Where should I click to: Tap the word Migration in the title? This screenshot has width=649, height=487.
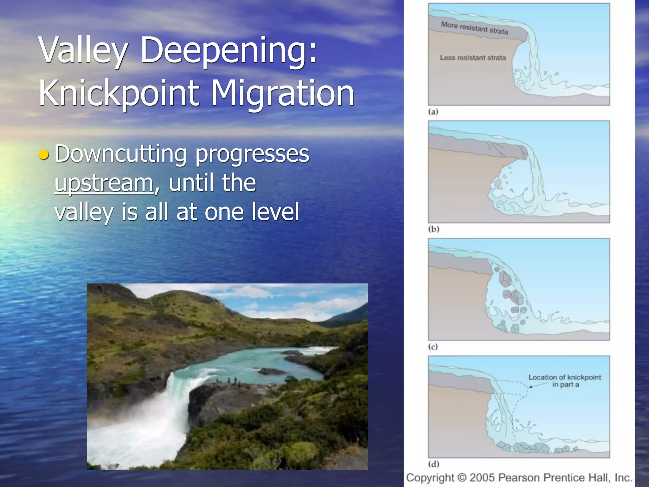pyautogui.click(x=282, y=93)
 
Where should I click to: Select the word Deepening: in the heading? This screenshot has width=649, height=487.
pyautogui.click(x=228, y=50)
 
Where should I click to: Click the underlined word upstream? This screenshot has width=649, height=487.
pyautogui.click(x=104, y=183)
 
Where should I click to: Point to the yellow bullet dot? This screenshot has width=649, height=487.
pyautogui.click(x=43, y=154)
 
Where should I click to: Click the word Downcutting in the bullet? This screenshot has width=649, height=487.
pyautogui.click(x=120, y=154)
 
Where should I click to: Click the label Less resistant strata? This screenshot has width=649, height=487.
pyautogui.click(x=472, y=58)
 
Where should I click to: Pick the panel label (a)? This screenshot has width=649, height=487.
pyautogui.click(x=433, y=112)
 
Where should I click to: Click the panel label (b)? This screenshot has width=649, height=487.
pyautogui.click(x=434, y=229)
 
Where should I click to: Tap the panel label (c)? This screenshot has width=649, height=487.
pyautogui.click(x=433, y=347)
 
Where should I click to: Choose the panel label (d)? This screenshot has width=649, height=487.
pyautogui.click(x=434, y=464)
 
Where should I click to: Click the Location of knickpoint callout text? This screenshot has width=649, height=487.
pyautogui.click(x=564, y=380)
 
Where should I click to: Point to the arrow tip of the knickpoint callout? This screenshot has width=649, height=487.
pyautogui.click(x=528, y=387)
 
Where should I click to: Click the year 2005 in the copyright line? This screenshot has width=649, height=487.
pyautogui.click(x=483, y=477)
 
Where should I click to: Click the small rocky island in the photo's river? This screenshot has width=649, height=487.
pyautogui.click(x=272, y=371)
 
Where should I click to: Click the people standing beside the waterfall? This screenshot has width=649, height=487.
pyautogui.click(x=231, y=380)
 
